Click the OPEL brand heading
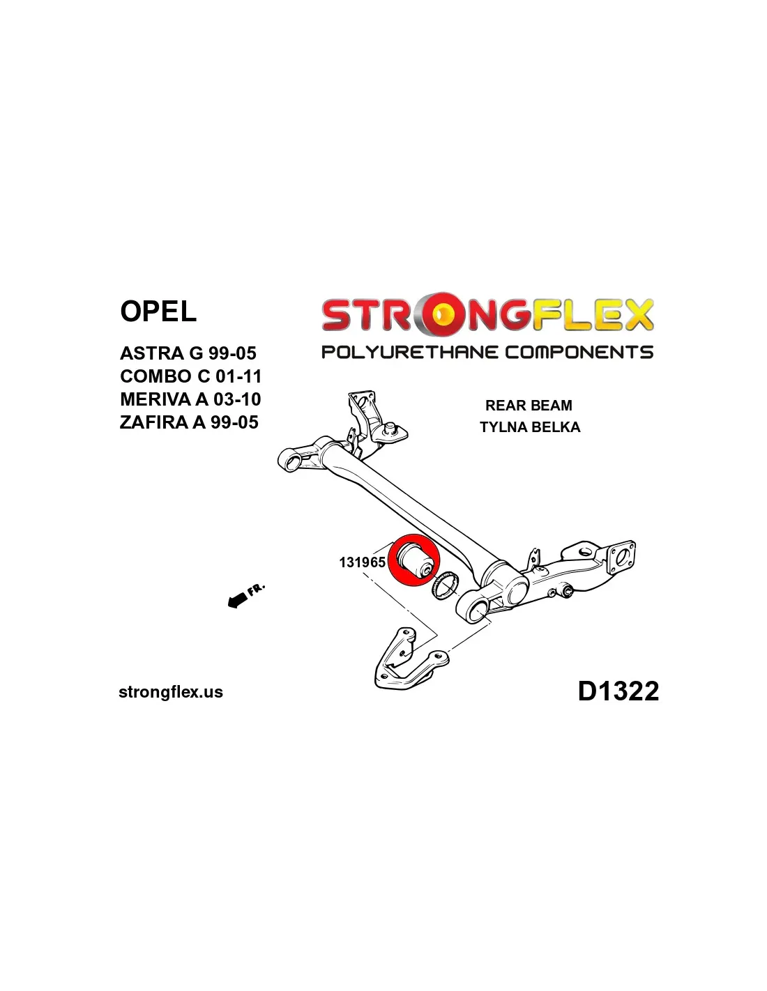point(158,312)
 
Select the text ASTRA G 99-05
point(188,353)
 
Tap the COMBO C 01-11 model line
point(191,376)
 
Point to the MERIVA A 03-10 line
point(190,399)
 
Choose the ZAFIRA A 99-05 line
point(189,422)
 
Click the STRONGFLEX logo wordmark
point(487,315)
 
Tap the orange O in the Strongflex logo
point(441,315)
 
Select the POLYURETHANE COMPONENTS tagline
point(487,352)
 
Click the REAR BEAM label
point(529,406)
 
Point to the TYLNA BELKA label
point(530,427)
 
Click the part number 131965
point(362,562)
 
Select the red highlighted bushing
point(415,560)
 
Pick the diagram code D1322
point(618,691)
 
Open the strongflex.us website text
point(171,692)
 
